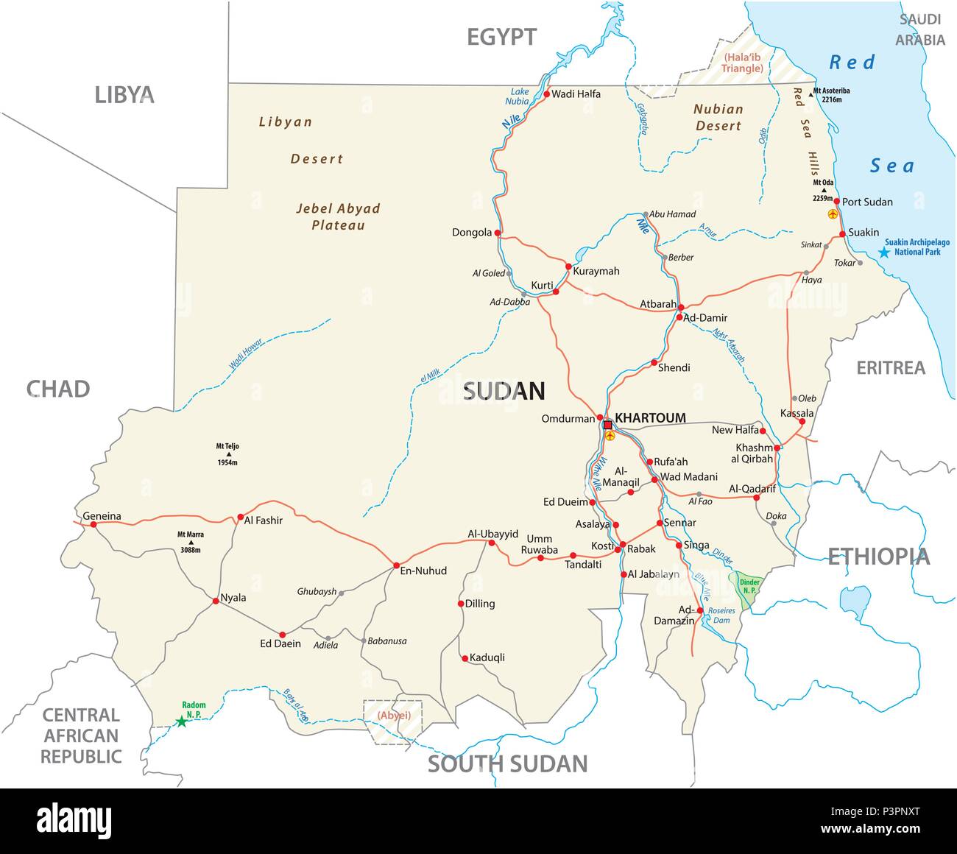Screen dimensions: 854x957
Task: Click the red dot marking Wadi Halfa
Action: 546,94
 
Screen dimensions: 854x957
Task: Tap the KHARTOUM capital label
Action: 650,418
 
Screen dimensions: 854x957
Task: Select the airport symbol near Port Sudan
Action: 833,214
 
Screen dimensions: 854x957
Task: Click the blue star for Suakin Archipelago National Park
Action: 884,252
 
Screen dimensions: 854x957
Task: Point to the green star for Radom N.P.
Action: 181,721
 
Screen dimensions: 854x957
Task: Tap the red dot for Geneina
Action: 93,524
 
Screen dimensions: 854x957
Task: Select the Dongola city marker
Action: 498,233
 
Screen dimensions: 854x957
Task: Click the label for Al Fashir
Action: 263,520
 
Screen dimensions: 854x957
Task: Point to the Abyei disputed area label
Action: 394,715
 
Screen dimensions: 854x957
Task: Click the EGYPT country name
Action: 502,37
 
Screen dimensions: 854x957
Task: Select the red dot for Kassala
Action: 802,421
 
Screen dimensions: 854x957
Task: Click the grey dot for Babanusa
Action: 364,640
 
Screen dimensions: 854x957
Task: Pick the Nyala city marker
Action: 215,601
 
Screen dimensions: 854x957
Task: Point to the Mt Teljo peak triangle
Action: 227,454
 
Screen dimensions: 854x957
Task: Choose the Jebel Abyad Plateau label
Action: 338,216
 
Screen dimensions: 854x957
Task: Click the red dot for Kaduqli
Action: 465,658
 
